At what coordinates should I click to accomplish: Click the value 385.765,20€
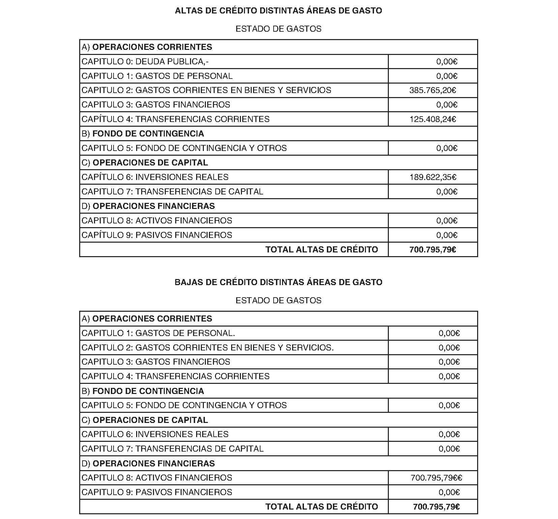coord(433,90)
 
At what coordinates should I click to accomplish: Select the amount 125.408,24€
coord(433,119)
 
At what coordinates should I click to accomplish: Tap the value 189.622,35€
coord(433,177)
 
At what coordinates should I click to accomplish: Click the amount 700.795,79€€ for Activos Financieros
coord(436,478)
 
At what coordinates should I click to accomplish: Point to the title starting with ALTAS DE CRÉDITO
coord(278,11)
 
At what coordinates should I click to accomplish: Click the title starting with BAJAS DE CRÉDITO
coord(278,282)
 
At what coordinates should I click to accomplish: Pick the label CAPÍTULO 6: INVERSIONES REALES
coord(155,177)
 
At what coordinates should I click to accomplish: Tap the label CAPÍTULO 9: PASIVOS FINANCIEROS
coord(157,235)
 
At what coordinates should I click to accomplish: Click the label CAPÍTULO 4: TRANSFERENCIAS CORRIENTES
coord(176,119)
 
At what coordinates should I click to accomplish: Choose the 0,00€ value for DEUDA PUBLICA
coord(446,62)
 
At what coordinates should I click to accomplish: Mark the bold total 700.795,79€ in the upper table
coord(433,250)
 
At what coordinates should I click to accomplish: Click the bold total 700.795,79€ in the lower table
coord(436,507)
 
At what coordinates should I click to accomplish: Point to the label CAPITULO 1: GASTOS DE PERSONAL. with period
coord(158,333)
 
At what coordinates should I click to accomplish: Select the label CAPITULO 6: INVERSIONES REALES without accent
coord(155,434)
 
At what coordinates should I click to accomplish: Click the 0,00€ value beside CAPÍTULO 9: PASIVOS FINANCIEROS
coord(446,235)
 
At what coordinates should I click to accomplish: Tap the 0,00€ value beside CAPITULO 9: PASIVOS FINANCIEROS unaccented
coord(449,492)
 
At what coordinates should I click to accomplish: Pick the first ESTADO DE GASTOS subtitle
coord(278,29)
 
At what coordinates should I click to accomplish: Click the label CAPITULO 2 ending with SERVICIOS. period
coord(208,348)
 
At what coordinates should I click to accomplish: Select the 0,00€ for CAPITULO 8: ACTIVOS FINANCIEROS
coord(446,221)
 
